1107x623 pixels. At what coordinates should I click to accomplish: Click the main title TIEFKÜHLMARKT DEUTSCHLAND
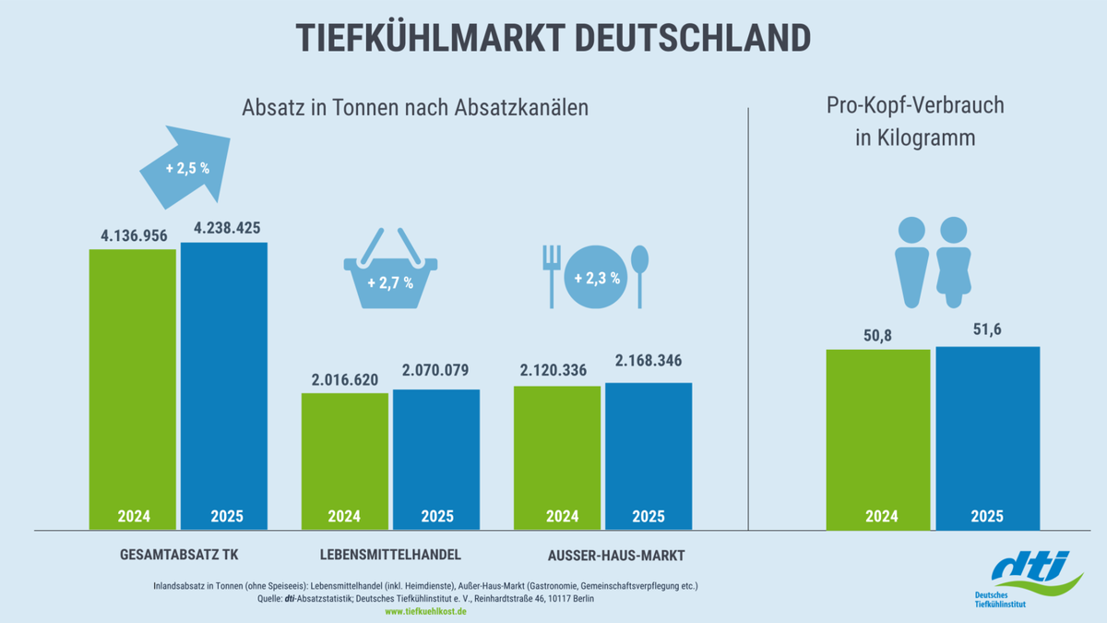click(553, 38)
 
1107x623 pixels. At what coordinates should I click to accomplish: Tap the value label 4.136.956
click(134, 235)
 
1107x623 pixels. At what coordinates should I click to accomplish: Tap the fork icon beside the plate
click(552, 275)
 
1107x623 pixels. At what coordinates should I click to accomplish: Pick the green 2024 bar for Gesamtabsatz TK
click(133, 388)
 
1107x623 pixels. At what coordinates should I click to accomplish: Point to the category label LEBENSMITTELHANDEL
click(390, 555)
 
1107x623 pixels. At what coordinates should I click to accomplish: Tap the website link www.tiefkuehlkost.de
click(425, 611)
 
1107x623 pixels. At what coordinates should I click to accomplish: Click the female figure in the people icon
click(952, 262)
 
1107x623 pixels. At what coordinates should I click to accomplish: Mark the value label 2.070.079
click(435, 371)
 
